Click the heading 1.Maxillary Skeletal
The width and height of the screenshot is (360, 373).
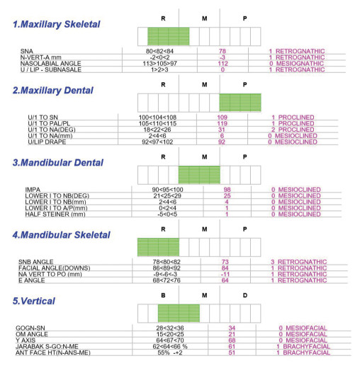tap(57, 24)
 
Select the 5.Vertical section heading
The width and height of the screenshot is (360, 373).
tap(34, 301)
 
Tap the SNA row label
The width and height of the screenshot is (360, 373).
tap(27, 51)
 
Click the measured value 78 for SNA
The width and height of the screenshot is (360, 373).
tap(223, 51)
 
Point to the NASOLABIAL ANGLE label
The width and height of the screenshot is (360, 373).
tap(51, 64)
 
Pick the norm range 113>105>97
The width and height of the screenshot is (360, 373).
tap(160, 64)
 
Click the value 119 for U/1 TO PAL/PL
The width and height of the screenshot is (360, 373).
tap(222, 123)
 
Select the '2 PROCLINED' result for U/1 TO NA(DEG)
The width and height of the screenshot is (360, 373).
tap(293, 130)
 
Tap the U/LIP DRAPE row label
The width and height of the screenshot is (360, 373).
tap(47, 142)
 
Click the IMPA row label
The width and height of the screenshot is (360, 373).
tap(33, 190)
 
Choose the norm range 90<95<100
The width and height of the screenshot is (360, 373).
tap(167, 190)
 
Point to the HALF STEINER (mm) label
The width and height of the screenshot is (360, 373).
tap(55, 214)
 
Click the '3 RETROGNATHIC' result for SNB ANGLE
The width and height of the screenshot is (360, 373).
tap(299, 262)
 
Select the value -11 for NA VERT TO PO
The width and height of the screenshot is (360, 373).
tap(225, 275)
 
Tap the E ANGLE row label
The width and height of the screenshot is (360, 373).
tap(32, 280)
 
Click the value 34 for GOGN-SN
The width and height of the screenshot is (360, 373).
tap(232, 328)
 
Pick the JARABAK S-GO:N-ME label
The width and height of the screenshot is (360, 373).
tap(47, 347)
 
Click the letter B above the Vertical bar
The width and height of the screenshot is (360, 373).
tap(163, 295)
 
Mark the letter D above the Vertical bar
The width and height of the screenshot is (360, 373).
tap(245, 295)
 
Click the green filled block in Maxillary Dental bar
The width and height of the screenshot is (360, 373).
tap(240, 103)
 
